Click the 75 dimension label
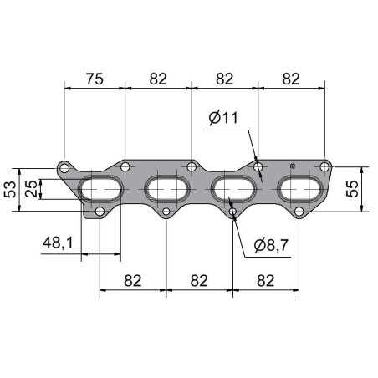tap(94, 79)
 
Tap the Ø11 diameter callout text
tap(223, 118)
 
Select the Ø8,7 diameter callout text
tap(271, 245)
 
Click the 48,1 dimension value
tap(58, 243)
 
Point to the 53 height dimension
tap(10, 190)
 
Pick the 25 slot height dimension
tap(31, 189)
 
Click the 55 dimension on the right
tap(352, 189)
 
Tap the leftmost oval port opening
tap(100, 189)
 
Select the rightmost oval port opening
tap(300, 189)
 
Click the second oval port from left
tap(167, 189)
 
